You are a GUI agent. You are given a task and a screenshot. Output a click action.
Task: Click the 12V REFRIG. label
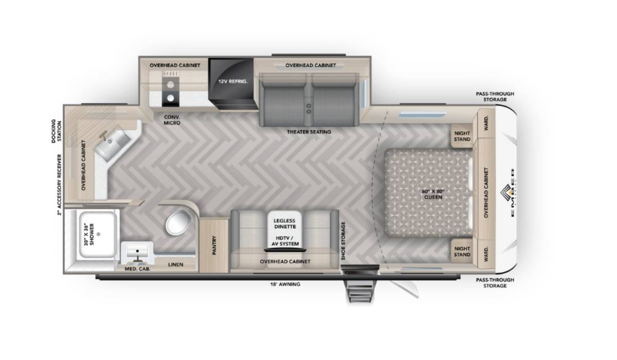[233, 82]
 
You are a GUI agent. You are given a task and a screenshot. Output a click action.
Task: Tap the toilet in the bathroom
[178, 223]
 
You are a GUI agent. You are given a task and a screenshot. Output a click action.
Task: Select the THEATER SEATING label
[309, 132]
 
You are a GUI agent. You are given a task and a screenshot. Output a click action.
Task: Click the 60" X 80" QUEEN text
[433, 194]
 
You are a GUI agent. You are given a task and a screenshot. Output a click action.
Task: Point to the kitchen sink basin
[114, 145]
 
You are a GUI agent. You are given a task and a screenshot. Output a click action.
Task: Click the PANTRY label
[214, 245]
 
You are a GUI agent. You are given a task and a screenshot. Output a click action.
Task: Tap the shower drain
[99, 234]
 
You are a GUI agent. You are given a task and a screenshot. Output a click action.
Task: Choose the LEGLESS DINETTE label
[285, 224]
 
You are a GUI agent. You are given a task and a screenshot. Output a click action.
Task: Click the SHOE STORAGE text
[343, 241]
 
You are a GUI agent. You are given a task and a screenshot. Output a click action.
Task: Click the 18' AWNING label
[285, 284]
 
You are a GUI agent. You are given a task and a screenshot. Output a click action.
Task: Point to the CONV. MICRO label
[172, 120]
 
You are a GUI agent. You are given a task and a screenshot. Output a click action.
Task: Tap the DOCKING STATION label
[56, 131]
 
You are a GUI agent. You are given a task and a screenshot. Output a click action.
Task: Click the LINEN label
[175, 264]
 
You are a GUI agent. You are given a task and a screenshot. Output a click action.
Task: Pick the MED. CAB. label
[137, 269]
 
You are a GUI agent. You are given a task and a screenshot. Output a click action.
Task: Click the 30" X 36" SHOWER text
[89, 234]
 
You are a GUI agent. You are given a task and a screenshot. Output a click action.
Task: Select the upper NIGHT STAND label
[462, 136]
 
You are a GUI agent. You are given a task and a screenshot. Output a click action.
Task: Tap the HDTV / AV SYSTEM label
[285, 241]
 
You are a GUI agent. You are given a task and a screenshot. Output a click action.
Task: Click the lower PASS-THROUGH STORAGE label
[495, 283]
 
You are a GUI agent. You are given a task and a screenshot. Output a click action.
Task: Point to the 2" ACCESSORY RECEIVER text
[60, 185]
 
